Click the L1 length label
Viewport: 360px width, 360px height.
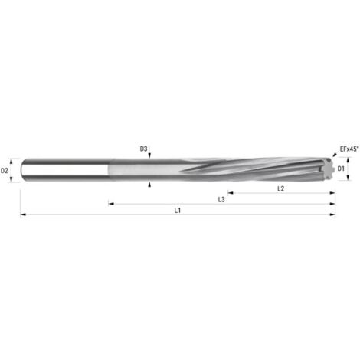(178, 209)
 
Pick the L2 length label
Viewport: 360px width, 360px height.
(280, 188)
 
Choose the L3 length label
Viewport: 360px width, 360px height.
(221, 198)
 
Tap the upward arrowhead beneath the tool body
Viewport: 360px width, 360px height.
(150, 184)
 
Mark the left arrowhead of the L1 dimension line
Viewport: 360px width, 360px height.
(23, 214)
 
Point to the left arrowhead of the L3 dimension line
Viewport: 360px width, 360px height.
(110, 204)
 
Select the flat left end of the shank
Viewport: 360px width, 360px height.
(23, 169)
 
